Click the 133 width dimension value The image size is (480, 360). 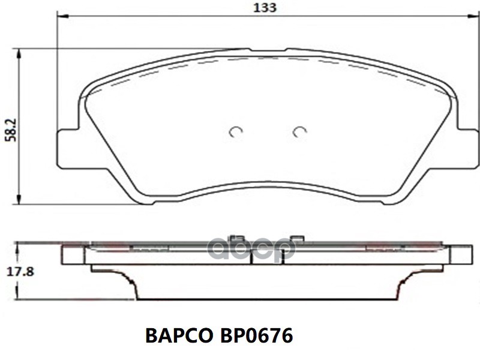tap(265, 8)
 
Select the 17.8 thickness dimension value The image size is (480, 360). tap(20, 272)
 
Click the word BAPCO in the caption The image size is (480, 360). tap(179, 335)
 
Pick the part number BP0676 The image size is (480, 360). tap(256, 335)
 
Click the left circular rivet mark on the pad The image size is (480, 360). tap(236, 131)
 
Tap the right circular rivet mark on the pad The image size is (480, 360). tap(299, 131)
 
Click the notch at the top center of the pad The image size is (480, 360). tap(268, 50)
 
